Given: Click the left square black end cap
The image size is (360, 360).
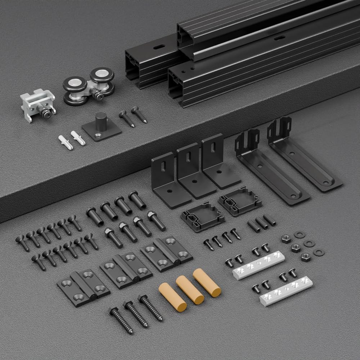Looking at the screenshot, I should point(201,216).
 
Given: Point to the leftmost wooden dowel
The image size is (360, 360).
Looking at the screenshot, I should point(172,297).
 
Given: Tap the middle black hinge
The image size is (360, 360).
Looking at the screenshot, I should point(126,270).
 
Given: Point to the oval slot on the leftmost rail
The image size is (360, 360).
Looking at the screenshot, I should point(159,47).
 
